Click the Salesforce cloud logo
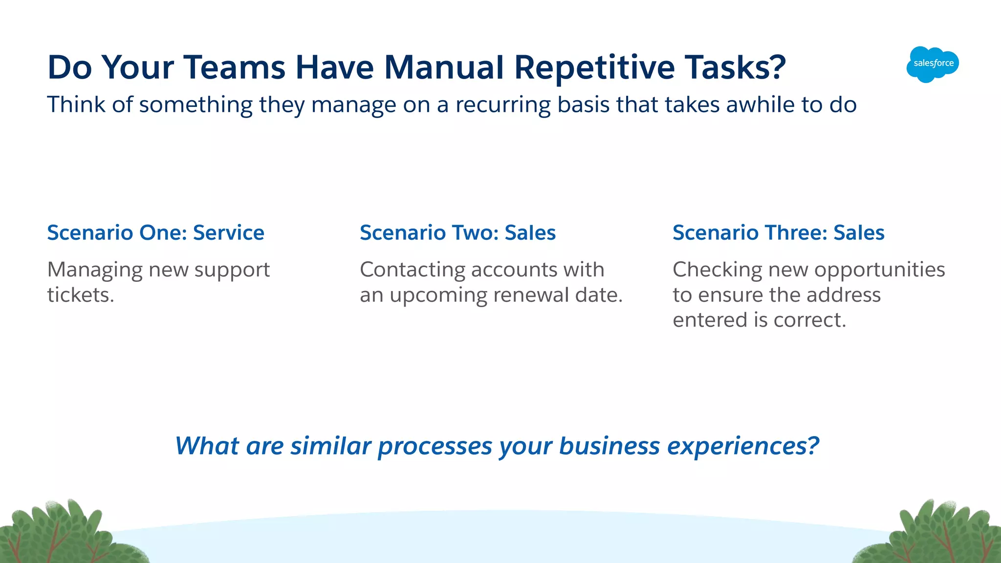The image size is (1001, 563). pyautogui.click(x=933, y=64)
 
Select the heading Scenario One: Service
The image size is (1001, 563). pyautogui.click(x=155, y=232)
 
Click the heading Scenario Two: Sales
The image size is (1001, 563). pyautogui.click(x=457, y=232)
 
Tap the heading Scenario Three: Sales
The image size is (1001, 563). pyautogui.click(x=778, y=232)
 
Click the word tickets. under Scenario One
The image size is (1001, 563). pyautogui.click(x=81, y=295)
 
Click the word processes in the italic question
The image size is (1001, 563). pyautogui.click(x=435, y=447)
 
